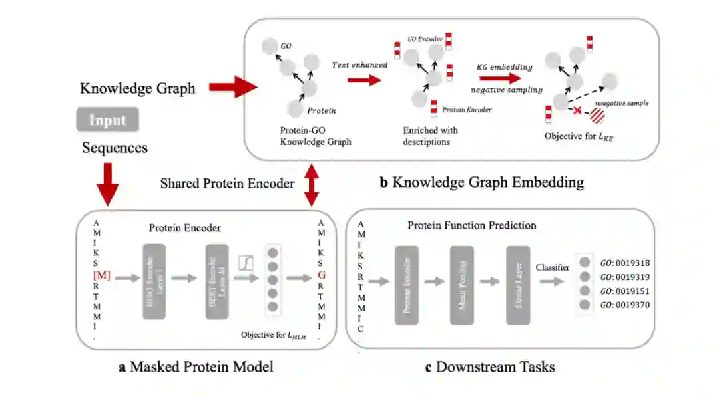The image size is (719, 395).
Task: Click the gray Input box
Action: tap(107, 121)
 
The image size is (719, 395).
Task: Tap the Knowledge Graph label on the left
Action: tap(138, 88)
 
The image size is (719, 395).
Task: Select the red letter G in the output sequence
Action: tap(322, 273)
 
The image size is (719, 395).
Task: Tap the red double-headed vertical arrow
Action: tap(311, 184)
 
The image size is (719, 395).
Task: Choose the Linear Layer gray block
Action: tap(517, 284)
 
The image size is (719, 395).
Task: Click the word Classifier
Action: tap(553, 267)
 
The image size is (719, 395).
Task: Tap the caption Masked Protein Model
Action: tap(196, 367)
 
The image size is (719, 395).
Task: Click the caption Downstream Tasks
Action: tap(489, 367)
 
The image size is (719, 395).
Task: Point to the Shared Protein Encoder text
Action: tap(227, 184)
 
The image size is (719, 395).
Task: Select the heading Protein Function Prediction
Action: tap(471, 225)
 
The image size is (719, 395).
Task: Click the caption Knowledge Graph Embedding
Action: tap(481, 182)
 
